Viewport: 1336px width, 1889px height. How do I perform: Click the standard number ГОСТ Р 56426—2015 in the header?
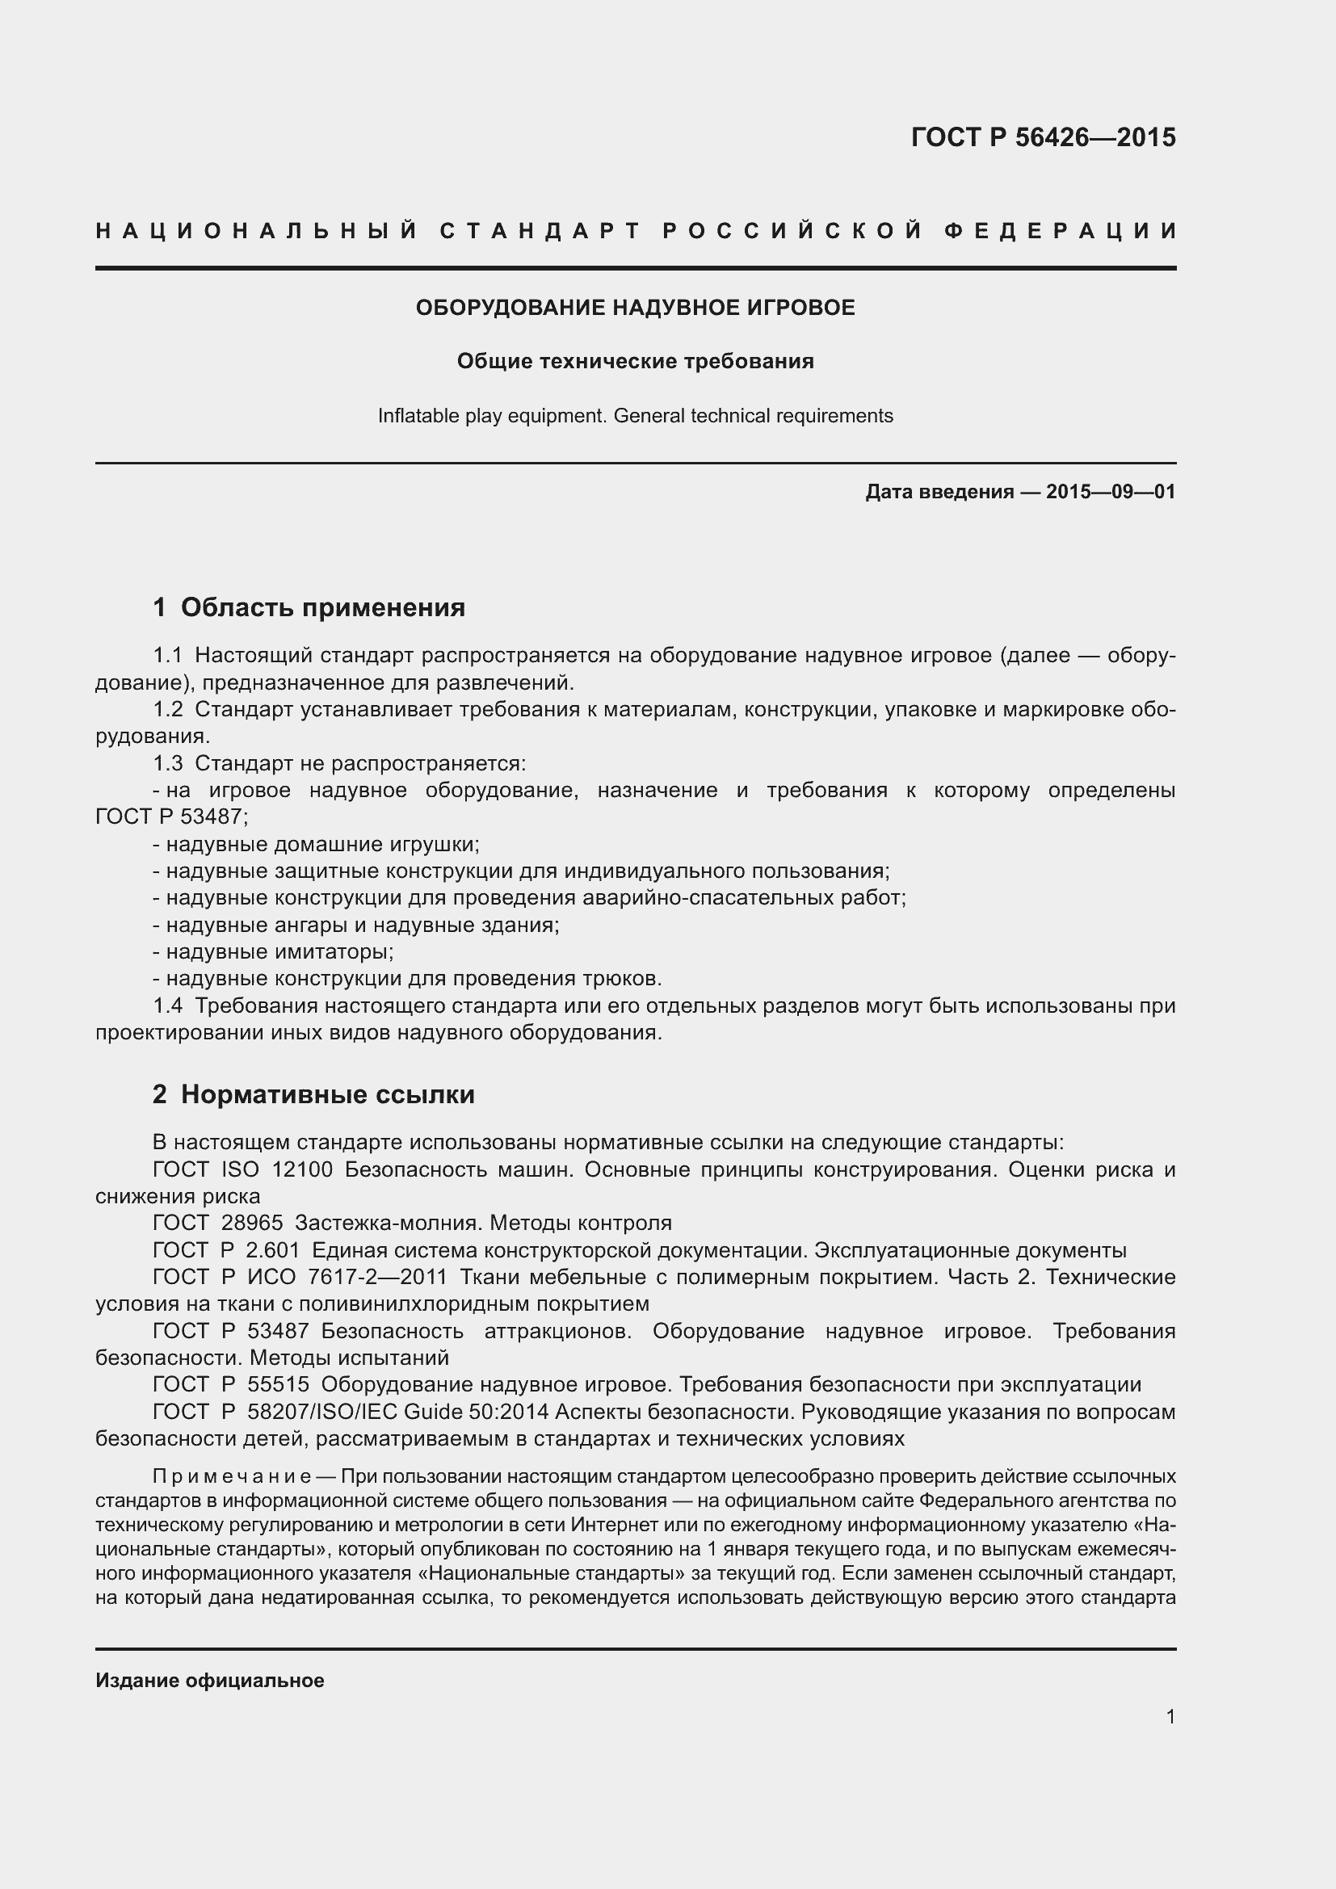(x=1042, y=137)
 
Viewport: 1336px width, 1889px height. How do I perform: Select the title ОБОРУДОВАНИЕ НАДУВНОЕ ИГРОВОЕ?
(x=635, y=308)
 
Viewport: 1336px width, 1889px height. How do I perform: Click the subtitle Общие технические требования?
(x=635, y=361)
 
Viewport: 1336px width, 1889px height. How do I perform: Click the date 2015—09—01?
(x=1111, y=492)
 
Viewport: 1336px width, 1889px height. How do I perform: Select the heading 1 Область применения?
(x=309, y=608)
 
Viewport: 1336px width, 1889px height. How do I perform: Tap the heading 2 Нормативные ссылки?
(x=313, y=1094)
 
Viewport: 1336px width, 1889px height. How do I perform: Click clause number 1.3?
(x=168, y=763)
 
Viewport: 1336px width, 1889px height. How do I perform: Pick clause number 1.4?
(x=168, y=1006)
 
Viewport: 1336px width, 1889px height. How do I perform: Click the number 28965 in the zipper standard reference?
(x=252, y=1224)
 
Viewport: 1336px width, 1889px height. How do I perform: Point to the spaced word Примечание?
(x=232, y=1477)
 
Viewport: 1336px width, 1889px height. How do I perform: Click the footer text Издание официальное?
(x=210, y=1681)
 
